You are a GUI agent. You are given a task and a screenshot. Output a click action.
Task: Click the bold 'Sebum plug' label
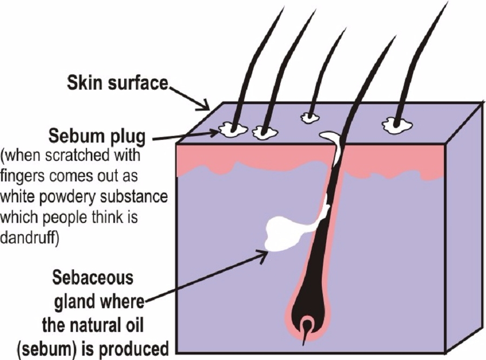tap(97, 136)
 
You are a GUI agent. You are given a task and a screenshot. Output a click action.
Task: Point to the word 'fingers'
tap(22, 176)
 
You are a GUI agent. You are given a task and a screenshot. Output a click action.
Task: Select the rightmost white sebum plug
tap(397, 125)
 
